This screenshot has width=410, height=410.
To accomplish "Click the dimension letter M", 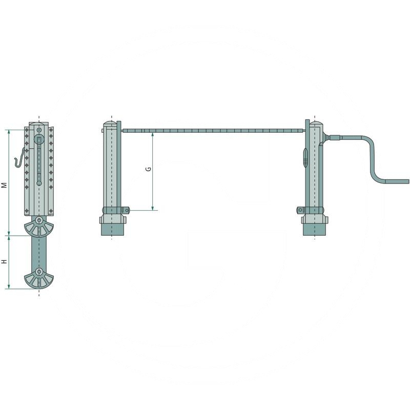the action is (x=4, y=185).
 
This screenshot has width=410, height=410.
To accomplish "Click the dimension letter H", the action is (x=4, y=261).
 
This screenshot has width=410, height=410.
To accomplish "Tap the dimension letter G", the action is (x=148, y=169).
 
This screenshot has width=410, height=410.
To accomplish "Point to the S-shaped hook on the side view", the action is (x=19, y=158).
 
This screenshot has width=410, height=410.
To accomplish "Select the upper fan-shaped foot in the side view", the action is (x=39, y=227).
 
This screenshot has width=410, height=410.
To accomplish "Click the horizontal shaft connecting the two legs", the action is (x=214, y=130).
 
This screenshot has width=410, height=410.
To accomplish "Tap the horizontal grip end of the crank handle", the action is (x=397, y=181).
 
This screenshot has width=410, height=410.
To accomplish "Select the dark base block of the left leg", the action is (x=112, y=229).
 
